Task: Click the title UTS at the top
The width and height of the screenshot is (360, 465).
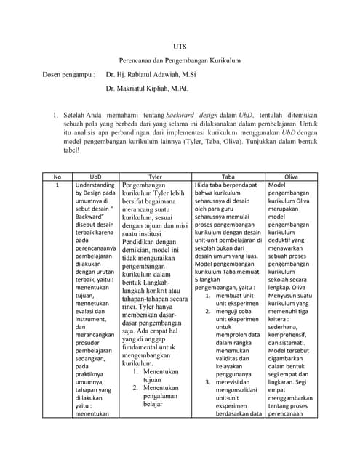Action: pos(180,46)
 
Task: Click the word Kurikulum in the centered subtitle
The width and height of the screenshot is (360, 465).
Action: pos(219,60)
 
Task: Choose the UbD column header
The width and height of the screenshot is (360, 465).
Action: pos(95,176)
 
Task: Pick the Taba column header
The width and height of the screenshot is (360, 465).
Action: pos(228,176)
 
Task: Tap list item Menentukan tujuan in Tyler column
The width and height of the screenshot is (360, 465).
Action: pos(161,375)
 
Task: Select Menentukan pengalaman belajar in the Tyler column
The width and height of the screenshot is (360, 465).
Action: pos(162,395)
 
